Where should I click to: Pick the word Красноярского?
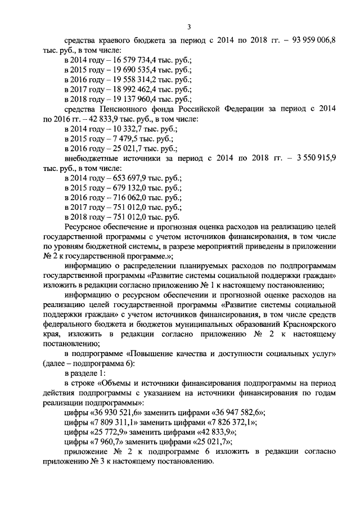[308, 325]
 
